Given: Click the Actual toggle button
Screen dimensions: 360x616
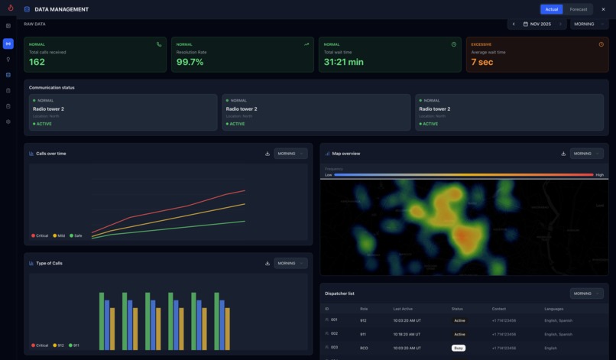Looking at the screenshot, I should [x=552, y=9].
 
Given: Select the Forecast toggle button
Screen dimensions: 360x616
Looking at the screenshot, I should [x=579, y=9].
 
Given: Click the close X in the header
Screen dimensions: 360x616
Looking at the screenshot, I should [x=603, y=9].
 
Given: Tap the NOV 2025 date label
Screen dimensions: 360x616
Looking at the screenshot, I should [x=540, y=24].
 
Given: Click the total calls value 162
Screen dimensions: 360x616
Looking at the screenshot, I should [x=37, y=62].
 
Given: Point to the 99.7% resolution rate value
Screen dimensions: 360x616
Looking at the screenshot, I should [x=190, y=62].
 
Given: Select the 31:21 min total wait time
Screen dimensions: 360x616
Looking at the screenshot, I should [x=343, y=62].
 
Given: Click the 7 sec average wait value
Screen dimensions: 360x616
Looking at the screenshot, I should [x=481, y=62].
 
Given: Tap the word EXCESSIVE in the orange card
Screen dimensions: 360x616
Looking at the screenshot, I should [x=481, y=44].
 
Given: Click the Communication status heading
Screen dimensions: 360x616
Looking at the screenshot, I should [x=52, y=87].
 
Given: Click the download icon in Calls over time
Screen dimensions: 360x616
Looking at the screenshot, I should [x=267, y=154].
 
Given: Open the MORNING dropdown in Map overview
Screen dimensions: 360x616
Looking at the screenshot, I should [x=587, y=154].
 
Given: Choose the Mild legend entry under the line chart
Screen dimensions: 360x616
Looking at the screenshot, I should [x=60, y=235].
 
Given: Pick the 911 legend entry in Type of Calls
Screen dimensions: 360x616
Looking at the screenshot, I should [x=76, y=345].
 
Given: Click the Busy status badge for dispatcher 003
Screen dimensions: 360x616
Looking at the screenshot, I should [x=459, y=348].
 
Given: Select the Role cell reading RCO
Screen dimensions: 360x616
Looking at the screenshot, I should [x=364, y=348].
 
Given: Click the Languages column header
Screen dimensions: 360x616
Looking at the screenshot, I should [x=554, y=309].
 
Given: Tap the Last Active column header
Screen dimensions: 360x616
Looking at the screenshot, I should [x=403, y=309].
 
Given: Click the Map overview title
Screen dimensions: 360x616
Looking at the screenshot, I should [x=345, y=154].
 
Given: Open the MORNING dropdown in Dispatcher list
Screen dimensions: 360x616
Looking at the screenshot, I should [x=587, y=294].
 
